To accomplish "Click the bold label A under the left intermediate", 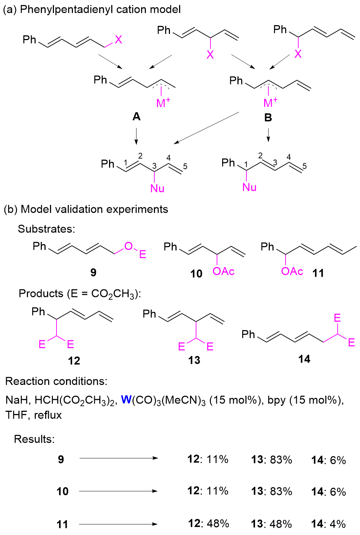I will pyautogui.click(x=136, y=117).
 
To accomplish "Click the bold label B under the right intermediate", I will pyautogui.click(x=268, y=118).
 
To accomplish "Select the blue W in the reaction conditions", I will pyautogui.click(x=126, y=400).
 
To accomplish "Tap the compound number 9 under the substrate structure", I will pyautogui.click(x=93, y=272).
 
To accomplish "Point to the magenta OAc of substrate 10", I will pyautogui.click(x=223, y=272).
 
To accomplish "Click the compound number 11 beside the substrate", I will pyautogui.click(x=318, y=273).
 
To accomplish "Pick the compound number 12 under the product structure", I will pyautogui.click(x=74, y=361).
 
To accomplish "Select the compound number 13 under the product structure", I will pyautogui.click(x=194, y=360).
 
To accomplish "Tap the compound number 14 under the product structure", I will pyautogui.click(x=304, y=359).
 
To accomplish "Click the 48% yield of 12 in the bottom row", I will pyautogui.click(x=218, y=524).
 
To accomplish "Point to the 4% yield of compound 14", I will pyautogui.click(x=337, y=524).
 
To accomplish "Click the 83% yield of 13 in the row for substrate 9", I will pyautogui.click(x=281, y=460).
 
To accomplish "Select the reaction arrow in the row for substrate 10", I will pyautogui.click(x=118, y=491).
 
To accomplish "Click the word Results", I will pyautogui.click(x=34, y=439).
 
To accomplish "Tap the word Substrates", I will pyautogui.click(x=46, y=229).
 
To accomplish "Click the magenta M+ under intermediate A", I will pyautogui.click(x=163, y=103).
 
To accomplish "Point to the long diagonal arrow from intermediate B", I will pyautogui.click(x=206, y=128).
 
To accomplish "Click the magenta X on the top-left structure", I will pyautogui.click(x=119, y=39).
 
